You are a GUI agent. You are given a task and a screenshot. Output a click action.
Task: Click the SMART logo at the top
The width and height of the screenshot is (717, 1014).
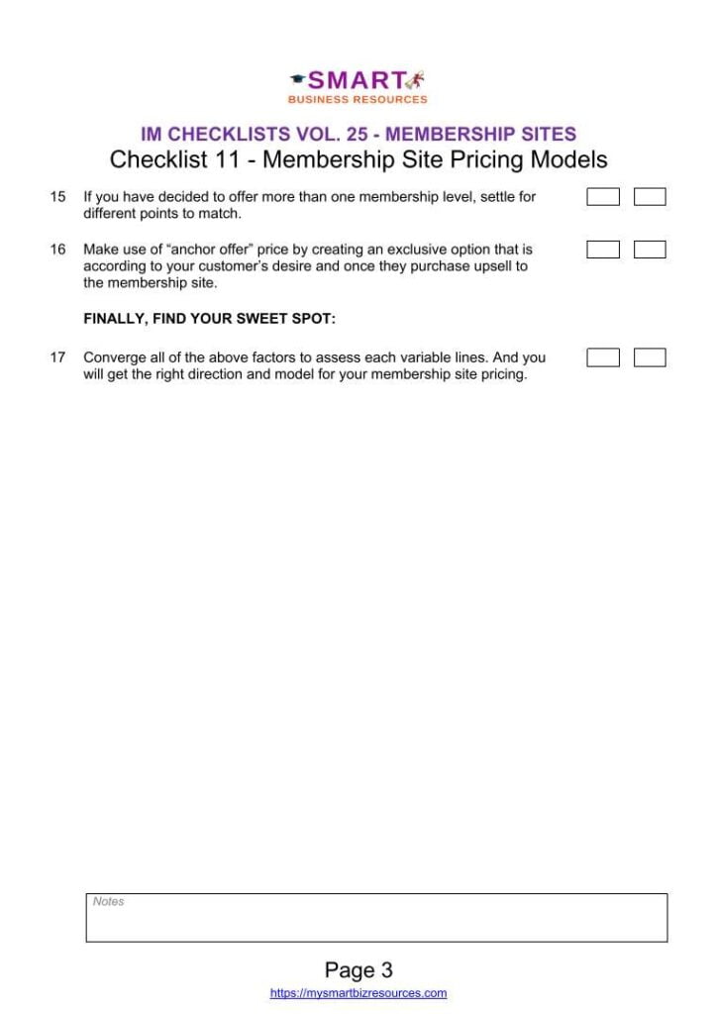point(358,80)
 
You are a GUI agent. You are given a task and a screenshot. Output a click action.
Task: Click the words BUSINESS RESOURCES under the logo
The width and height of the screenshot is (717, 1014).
point(358,100)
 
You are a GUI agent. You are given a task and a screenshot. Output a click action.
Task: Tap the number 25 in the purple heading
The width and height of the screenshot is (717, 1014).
point(356,135)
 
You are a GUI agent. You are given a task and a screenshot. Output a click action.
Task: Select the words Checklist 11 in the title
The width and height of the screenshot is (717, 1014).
point(170,159)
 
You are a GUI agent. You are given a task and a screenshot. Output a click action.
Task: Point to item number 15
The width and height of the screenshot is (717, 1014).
point(57,197)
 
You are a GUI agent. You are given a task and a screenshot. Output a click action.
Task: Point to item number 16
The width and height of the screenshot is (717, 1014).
point(57,251)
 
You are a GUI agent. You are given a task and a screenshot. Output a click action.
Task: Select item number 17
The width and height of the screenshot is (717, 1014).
point(57,357)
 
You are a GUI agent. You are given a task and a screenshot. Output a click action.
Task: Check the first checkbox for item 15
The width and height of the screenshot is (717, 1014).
point(603,197)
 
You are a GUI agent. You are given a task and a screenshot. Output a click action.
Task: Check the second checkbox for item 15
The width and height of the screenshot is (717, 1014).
point(650,197)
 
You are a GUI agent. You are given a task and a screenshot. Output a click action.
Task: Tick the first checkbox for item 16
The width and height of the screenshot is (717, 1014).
point(603,250)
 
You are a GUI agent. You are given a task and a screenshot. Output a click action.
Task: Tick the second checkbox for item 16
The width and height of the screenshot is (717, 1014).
point(650,250)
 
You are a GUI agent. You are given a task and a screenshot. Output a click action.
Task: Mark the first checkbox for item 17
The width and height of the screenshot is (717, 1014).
point(603,357)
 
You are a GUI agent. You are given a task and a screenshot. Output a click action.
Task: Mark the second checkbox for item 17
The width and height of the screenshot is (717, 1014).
point(650,357)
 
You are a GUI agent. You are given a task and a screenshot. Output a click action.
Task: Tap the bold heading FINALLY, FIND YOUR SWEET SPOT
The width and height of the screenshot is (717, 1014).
point(209,319)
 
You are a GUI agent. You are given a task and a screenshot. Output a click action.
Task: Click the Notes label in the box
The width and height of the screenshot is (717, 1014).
point(108,902)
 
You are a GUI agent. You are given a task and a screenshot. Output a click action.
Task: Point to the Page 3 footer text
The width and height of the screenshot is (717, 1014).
point(358,969)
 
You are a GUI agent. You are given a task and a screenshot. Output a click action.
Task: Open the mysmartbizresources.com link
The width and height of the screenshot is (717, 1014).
point(358,993)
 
